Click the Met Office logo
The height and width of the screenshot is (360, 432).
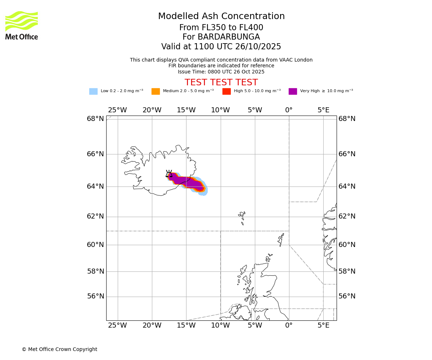click(x=22, y=25)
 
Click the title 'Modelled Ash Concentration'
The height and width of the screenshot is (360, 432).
click(x=221, y=17)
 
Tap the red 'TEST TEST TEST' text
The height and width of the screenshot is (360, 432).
click(x=221, y=83)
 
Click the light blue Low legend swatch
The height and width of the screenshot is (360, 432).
click(x=93, y=91)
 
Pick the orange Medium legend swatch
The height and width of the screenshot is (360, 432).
click(x=156, y=91)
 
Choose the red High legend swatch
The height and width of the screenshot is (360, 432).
click(x=226, y=91)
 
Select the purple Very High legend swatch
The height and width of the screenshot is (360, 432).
click(x=293, y=91)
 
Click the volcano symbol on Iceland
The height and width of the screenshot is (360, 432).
click(x=169, y=174)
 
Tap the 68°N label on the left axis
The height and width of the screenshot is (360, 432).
click(x=95, y=119)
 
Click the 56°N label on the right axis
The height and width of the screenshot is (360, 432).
click(x=347, y=296)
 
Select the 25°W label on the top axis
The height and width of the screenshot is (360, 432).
click(x=117, y=110)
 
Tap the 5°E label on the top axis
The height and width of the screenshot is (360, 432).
click(x=323, y=110)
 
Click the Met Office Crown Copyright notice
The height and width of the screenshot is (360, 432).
click(x=59, y=350)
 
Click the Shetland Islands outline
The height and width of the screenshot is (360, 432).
click(x=281, y=239)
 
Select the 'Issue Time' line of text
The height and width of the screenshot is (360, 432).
click(x=221, y=72)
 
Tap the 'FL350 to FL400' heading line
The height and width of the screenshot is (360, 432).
click(x=221, y=28)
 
